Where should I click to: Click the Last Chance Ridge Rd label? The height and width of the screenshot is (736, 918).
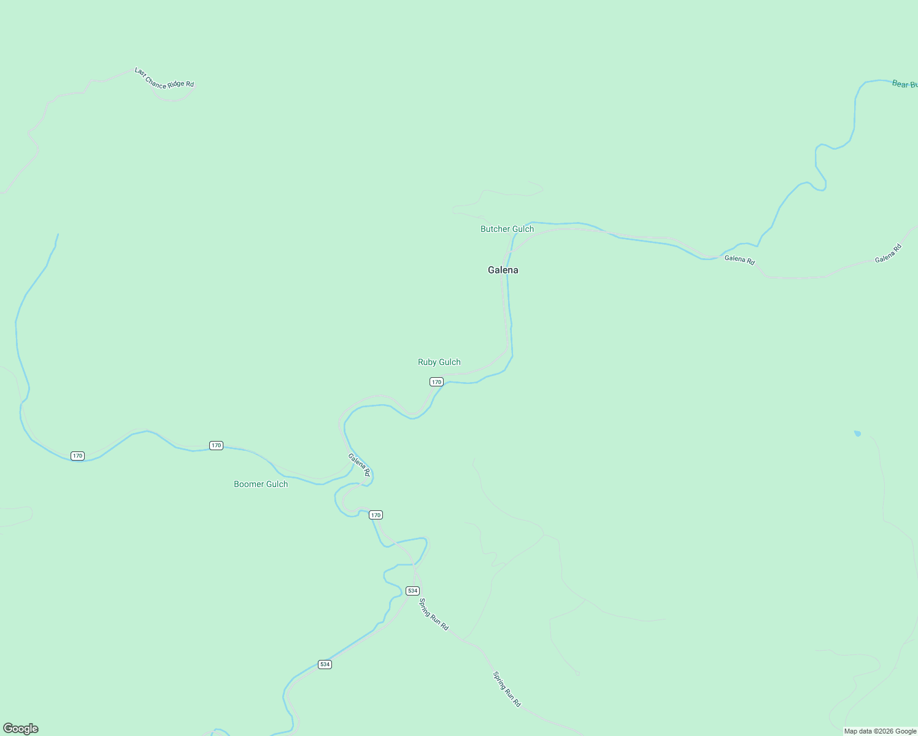(164, 78)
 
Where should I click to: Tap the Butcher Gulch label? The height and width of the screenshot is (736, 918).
(507, 229)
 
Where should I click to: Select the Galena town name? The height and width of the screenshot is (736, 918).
(503, 270)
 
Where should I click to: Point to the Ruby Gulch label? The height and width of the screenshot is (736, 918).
(439, 362)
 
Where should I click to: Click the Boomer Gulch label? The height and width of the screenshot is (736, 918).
(261, 484)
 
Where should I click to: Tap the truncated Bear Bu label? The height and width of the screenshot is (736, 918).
(904, 84)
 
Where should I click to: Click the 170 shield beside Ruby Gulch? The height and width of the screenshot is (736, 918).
(436, 381)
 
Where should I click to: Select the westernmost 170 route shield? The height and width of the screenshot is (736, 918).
(77, 456)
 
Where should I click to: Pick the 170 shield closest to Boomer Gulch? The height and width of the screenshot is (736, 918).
(216, 445)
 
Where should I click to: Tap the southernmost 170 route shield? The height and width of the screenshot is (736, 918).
(376, 515)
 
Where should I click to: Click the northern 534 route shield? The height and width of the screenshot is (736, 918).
(412, 591)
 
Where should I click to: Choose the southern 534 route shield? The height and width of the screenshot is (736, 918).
(325, 664)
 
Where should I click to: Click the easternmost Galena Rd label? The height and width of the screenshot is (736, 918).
(888, 254)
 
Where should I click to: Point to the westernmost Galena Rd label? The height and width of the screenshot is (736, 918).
(359, 464)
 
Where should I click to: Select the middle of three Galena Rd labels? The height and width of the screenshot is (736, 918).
(739, 259)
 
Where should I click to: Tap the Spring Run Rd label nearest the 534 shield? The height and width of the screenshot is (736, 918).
(434, 614)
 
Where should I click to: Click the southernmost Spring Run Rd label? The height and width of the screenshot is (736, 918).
(507, 689)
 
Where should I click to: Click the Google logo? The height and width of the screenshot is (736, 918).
(21, 729)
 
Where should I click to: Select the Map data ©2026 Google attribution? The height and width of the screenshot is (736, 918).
(880, 731)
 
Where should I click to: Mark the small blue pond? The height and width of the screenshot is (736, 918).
(857, 434)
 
